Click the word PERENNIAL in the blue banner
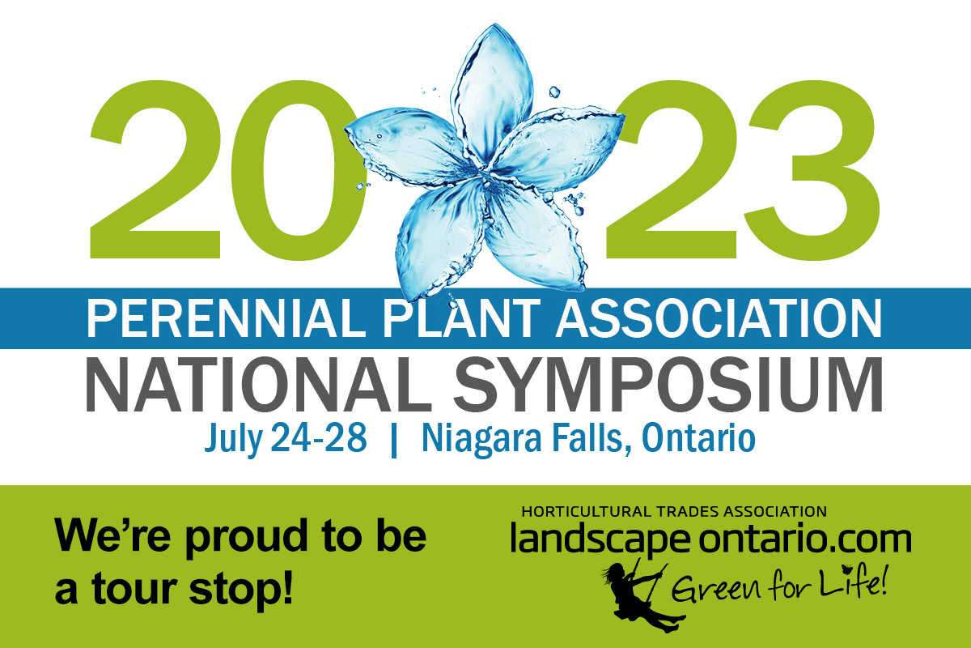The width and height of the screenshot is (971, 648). tap(226, 318)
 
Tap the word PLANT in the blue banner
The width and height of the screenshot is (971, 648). tap(461, 318)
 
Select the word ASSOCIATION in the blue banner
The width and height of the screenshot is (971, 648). tap(719, 318)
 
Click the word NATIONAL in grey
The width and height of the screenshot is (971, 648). tap(259, 384)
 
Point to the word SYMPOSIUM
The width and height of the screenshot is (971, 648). tap(668, 384)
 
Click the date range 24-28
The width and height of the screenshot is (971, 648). tap(319, 437)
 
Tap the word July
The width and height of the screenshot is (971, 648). tap(233, 439)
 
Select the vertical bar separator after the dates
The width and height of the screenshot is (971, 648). tap(393, 441)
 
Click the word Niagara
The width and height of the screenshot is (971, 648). tap(481, 439)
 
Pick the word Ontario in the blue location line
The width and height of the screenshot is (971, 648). tap(698, 437)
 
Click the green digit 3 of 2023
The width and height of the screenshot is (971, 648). tap(811, 170)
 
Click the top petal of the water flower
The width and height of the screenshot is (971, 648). tap(492, 93)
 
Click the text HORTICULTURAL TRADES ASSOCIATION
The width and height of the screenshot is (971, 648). tap(674, 512)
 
